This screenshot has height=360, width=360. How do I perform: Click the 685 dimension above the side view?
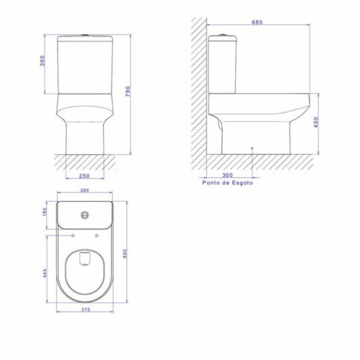tap(257, 22)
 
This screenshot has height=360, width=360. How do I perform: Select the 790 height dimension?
tap(128, 92)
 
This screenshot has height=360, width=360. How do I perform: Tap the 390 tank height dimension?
tap(43, 60)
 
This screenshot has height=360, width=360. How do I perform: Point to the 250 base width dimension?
tap(84, 176)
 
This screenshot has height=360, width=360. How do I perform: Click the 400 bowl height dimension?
tap(316, 122)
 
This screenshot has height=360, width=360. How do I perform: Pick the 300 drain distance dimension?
tap(228, 175)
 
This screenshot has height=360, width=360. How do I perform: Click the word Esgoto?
tap(242, 183)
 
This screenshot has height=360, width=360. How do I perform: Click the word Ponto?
tap(210, 183)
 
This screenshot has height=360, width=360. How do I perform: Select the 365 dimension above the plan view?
tap(85, 190)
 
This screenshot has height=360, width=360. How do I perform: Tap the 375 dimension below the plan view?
tap(86, 310)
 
